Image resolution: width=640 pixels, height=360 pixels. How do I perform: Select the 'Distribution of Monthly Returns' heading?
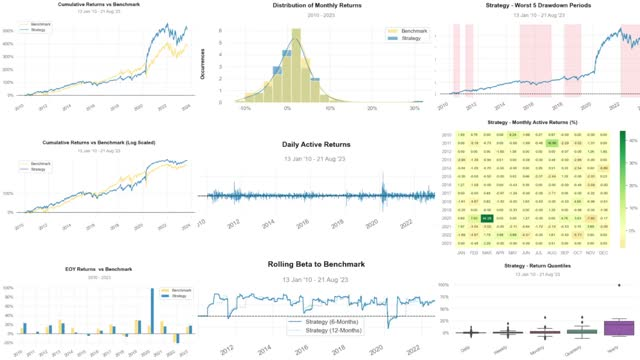[x=319, y=7]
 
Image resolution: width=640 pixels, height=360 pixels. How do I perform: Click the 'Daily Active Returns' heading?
[x=319, y=146]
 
